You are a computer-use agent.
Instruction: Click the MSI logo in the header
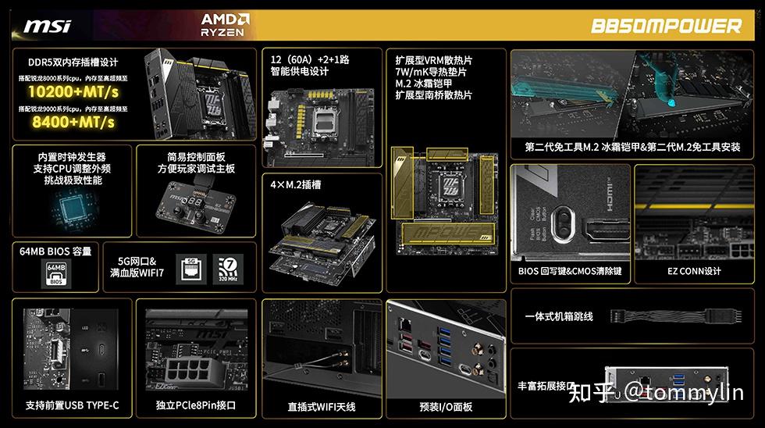click(48, 26)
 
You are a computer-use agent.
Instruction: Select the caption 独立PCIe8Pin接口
click(196, 406)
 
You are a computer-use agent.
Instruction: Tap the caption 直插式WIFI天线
click(321, 407)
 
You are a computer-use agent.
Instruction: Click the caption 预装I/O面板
click(446, 407)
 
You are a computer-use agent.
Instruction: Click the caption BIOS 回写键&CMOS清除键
click(570, 272)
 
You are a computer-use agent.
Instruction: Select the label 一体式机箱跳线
click(559, 316)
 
